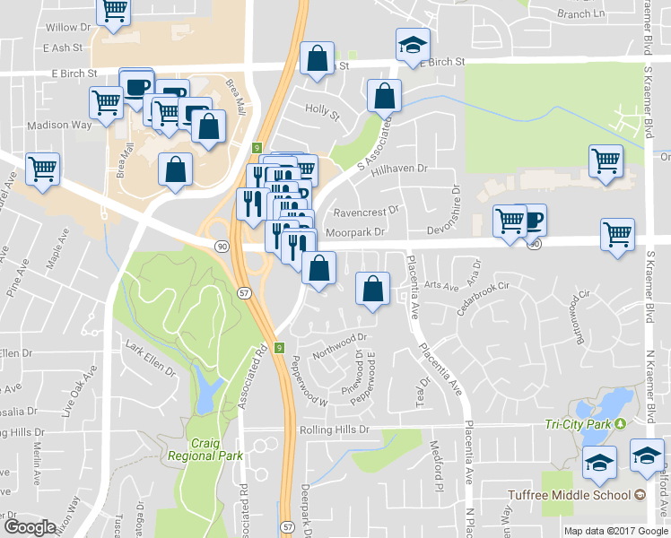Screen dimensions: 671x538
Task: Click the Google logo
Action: coord(30,527)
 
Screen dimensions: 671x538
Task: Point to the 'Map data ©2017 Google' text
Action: coord(615,531)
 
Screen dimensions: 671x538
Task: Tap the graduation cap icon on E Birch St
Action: coord(413,45)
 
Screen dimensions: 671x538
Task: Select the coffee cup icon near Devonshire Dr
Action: coord(532,219)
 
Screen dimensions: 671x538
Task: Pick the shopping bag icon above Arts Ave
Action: coord(372,288)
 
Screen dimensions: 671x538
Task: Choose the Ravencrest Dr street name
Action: coord(365,213)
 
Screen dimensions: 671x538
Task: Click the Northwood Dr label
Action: coord(340,345)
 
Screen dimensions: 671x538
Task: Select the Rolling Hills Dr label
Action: coord(334,430)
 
